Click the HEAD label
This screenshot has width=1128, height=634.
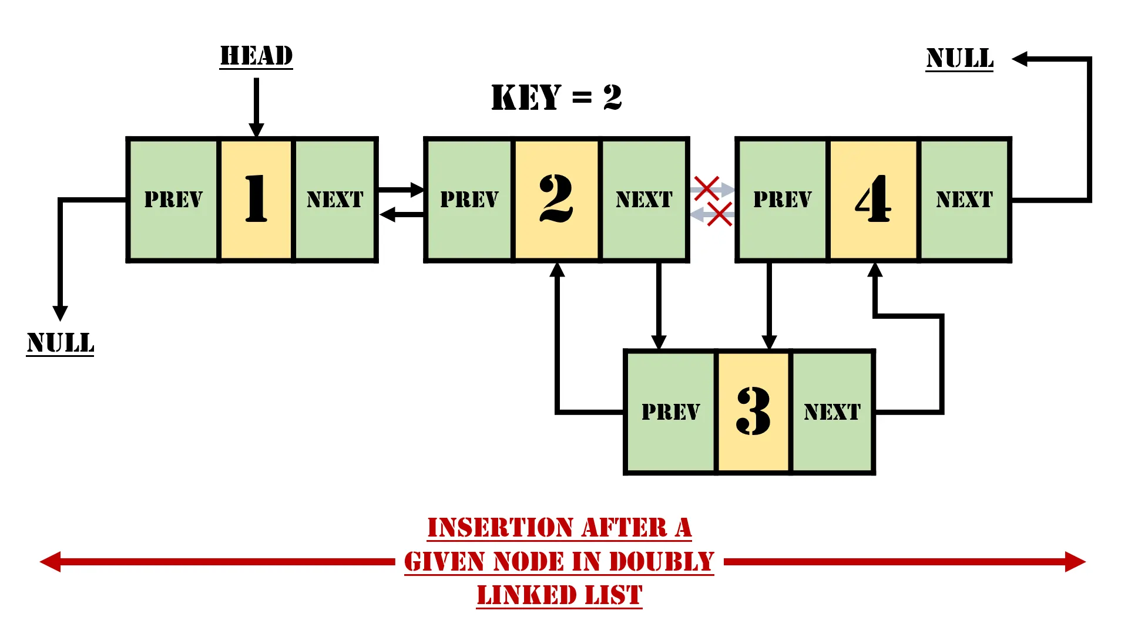pyautogui.click(x=256, y=56)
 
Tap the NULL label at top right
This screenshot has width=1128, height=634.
pyautogui.click(x=959, y=59)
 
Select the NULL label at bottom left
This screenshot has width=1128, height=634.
pyautogui.click(x=60, y=343)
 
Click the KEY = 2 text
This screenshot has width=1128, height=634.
pyautogui.click(x=556, y=97)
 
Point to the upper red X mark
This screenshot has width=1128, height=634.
pyautogui.click(x=706, y=188)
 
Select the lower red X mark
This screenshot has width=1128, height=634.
pyautogui.click(x=720, y=214)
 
